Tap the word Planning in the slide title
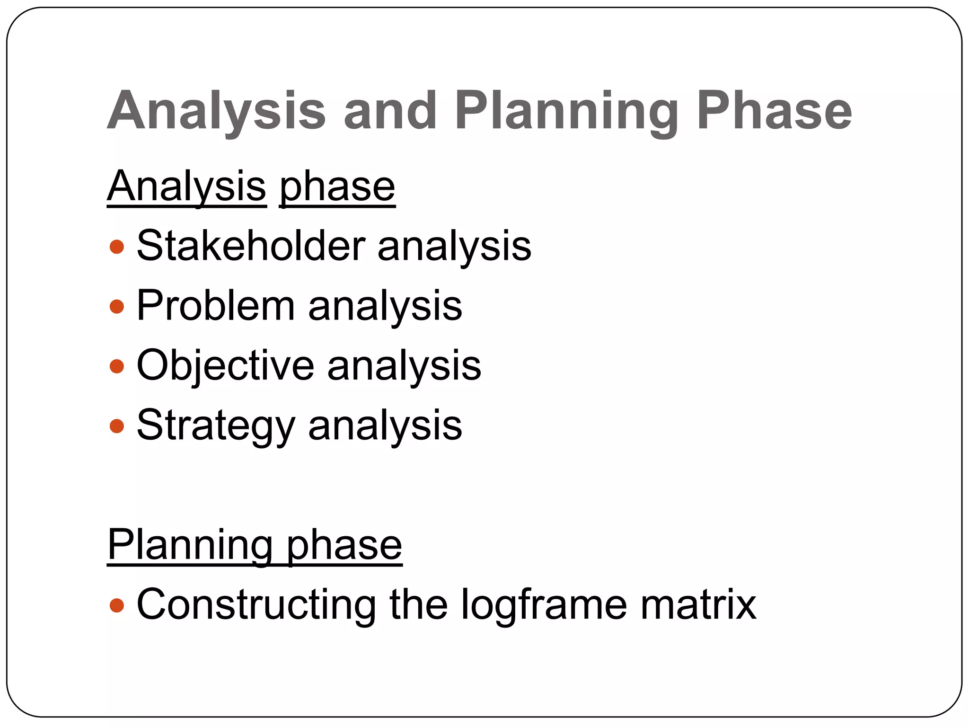click(x=566, y=111)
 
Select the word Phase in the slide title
click(x=774, y=111)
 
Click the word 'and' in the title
click(x=390, y=111)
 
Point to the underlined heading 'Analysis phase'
click(x=251, y=186)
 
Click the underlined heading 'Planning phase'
click(x=255, y=545)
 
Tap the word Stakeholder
click(x=251, y=246)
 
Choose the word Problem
click(x=216, y=305)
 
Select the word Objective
click(x=225, y=365)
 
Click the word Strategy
click(x=216, y=425)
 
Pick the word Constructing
click(x=256, y=604)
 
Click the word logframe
click(x=544, y=604)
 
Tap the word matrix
click(x=698, y=604)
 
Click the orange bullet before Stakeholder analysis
click(x=116, y=247)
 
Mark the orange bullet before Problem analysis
click(x=116, y=307)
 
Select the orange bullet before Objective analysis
click(x=116, y=366)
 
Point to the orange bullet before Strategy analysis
click(x=116, y=426)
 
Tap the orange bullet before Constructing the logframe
click(x=116, y=605)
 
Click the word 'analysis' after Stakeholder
click(x=454, y=247)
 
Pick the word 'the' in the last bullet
click(x=418, y=604)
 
